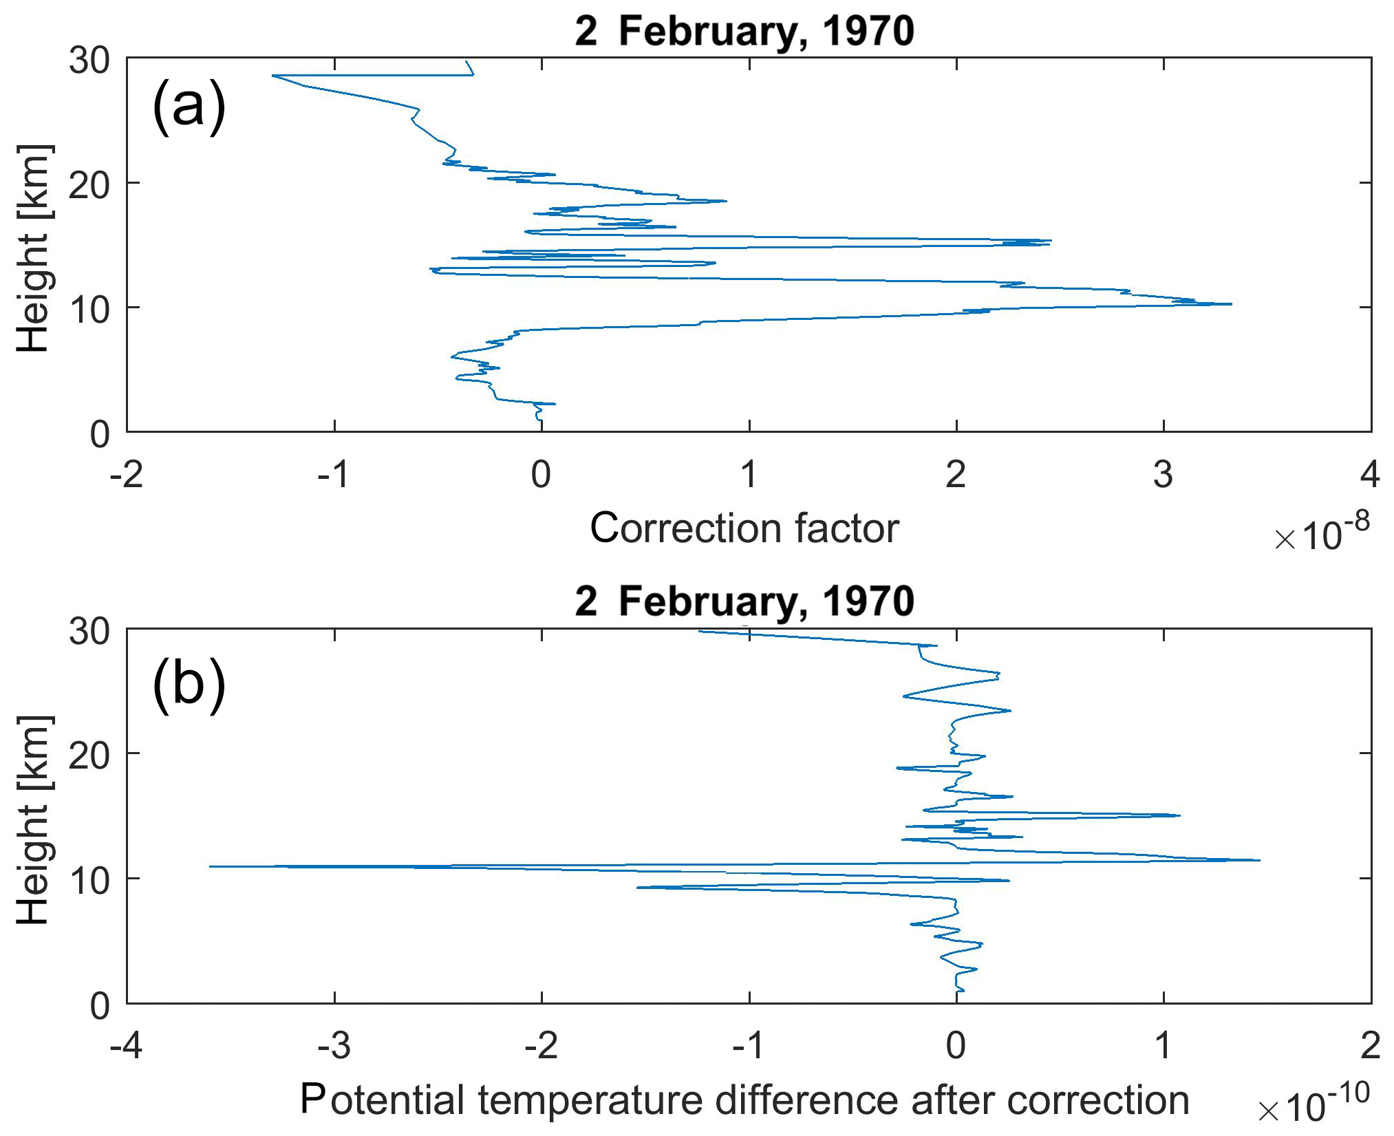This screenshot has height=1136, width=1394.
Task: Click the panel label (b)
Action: pos(189,685)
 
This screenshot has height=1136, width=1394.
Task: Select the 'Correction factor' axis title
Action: pos(744,528)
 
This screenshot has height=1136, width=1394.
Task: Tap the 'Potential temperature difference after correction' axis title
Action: pos(744,1099)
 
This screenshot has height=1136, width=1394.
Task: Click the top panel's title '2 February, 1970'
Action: pos(744,31)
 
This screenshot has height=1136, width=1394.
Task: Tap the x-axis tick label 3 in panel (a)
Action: pos(1163,475)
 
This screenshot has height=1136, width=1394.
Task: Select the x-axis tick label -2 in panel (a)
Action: pos(127,475)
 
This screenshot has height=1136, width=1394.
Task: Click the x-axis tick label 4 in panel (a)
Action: pos(1370,475)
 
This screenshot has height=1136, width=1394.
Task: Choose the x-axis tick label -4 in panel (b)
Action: pos(127,1046)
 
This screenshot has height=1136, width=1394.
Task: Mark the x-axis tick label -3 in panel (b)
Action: pos(334,1046)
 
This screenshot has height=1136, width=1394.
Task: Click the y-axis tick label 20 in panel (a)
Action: pos(89,184)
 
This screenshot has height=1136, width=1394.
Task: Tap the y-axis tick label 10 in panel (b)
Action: pos(89,881)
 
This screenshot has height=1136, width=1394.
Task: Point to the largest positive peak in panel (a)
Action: pos(1231,304)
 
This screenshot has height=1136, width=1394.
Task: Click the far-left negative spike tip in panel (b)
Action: pos(210,866)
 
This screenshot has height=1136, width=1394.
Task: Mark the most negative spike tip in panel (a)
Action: pos(273,76)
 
